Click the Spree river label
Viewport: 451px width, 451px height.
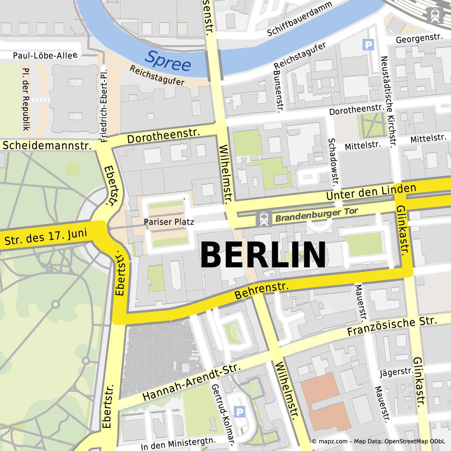[168, 61]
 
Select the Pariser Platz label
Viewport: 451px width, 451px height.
[169, 222]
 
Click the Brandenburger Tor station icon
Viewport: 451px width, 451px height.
[264, 219]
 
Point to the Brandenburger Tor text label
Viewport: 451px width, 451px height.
[317, 215]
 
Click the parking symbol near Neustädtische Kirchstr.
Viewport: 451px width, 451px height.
[368, 45]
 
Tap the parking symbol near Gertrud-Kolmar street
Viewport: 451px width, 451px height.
[239, 412]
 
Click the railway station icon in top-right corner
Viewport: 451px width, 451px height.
[435, 15]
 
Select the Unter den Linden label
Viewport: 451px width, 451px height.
[371, 192]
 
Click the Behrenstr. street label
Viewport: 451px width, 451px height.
[262, 290]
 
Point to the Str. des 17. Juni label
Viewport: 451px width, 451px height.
[46, 237]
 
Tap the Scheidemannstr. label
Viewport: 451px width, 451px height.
[47, 145]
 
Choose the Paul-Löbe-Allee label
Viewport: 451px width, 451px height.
[45, 55]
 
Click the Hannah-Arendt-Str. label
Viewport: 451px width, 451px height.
[191, 382]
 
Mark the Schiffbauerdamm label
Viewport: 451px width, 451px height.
[299, 18]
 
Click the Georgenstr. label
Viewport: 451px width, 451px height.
[419, 39]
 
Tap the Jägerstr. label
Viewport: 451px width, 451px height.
[397, 372]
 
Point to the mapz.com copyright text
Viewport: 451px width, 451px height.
[378, 441]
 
